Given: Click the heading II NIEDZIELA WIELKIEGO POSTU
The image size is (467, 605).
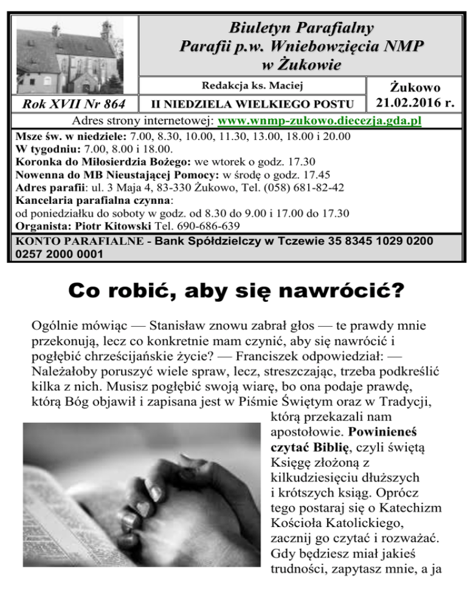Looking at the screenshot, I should tap(252, 103).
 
